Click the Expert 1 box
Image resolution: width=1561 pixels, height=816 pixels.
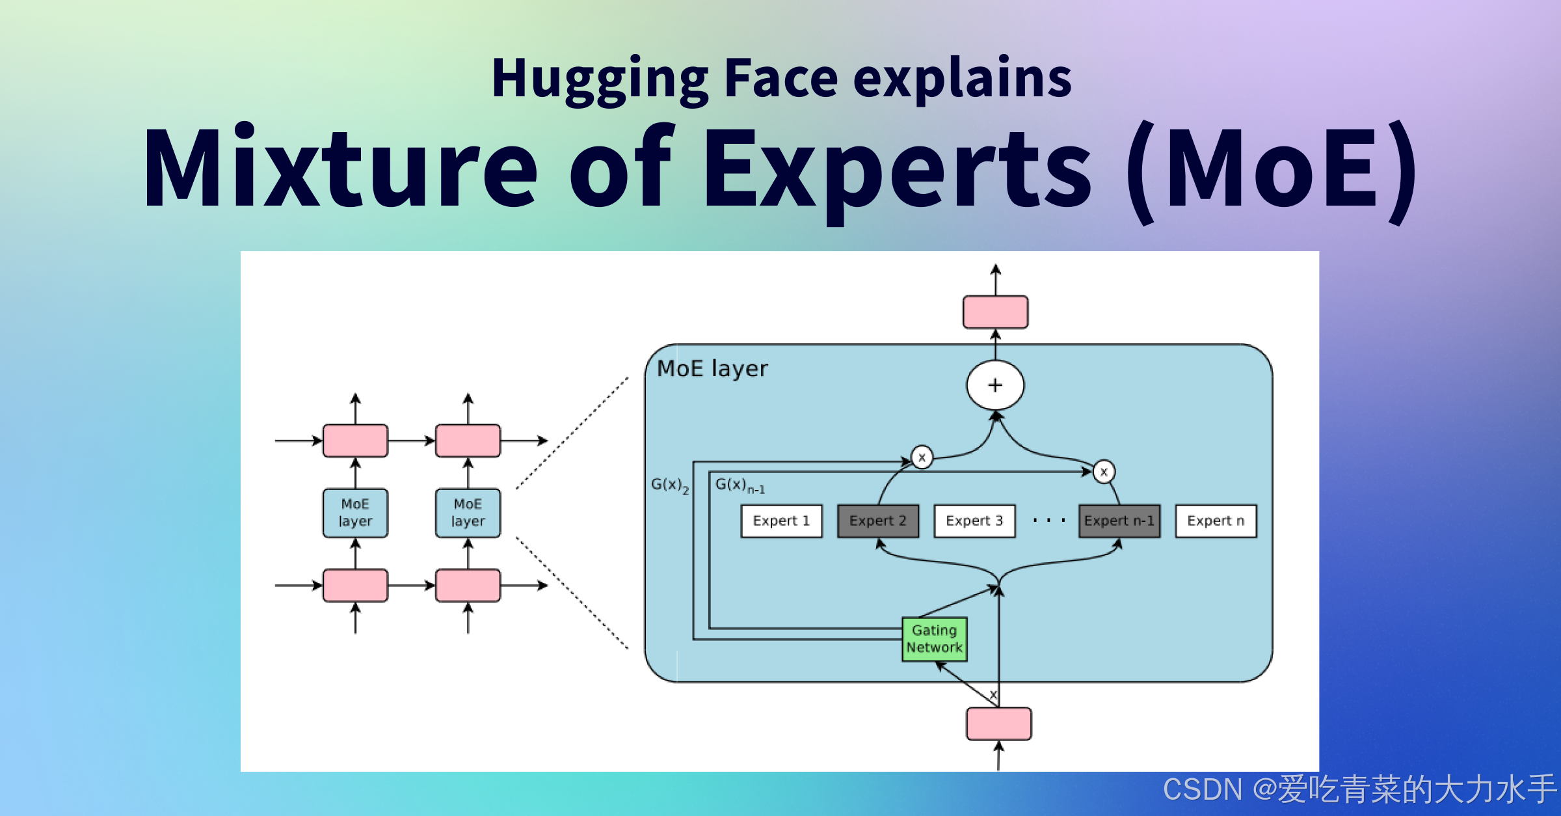(x=781, y=521)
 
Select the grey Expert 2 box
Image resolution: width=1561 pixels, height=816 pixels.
(x=878, y=521)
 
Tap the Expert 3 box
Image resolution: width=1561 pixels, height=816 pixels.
(x=974, y=521)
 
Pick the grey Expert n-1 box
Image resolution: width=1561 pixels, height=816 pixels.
(x=1119, y=521)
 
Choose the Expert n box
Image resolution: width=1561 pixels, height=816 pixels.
(x=1216, y=521)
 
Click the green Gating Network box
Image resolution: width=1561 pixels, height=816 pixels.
(x=934, y=639)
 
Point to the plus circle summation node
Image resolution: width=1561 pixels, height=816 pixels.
(x=995, y=385)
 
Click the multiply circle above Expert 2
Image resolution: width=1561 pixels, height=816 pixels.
(x=922, y=457)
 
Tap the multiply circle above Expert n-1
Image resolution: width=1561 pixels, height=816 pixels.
(x=1104, y=472)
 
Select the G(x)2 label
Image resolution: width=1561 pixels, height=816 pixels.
(x=669, y=485)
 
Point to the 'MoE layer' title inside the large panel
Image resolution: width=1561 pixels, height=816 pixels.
(x=712, y=369)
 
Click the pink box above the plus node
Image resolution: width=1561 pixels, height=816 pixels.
(x=995, y=312)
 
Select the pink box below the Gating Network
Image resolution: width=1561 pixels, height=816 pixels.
(x=998, y=724)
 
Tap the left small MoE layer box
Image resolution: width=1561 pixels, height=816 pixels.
(x=355, y=513)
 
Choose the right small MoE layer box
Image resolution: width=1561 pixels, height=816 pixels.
(x=468, y=513)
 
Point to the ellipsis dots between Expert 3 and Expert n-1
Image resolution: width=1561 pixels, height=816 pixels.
(x=1048, y=521)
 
